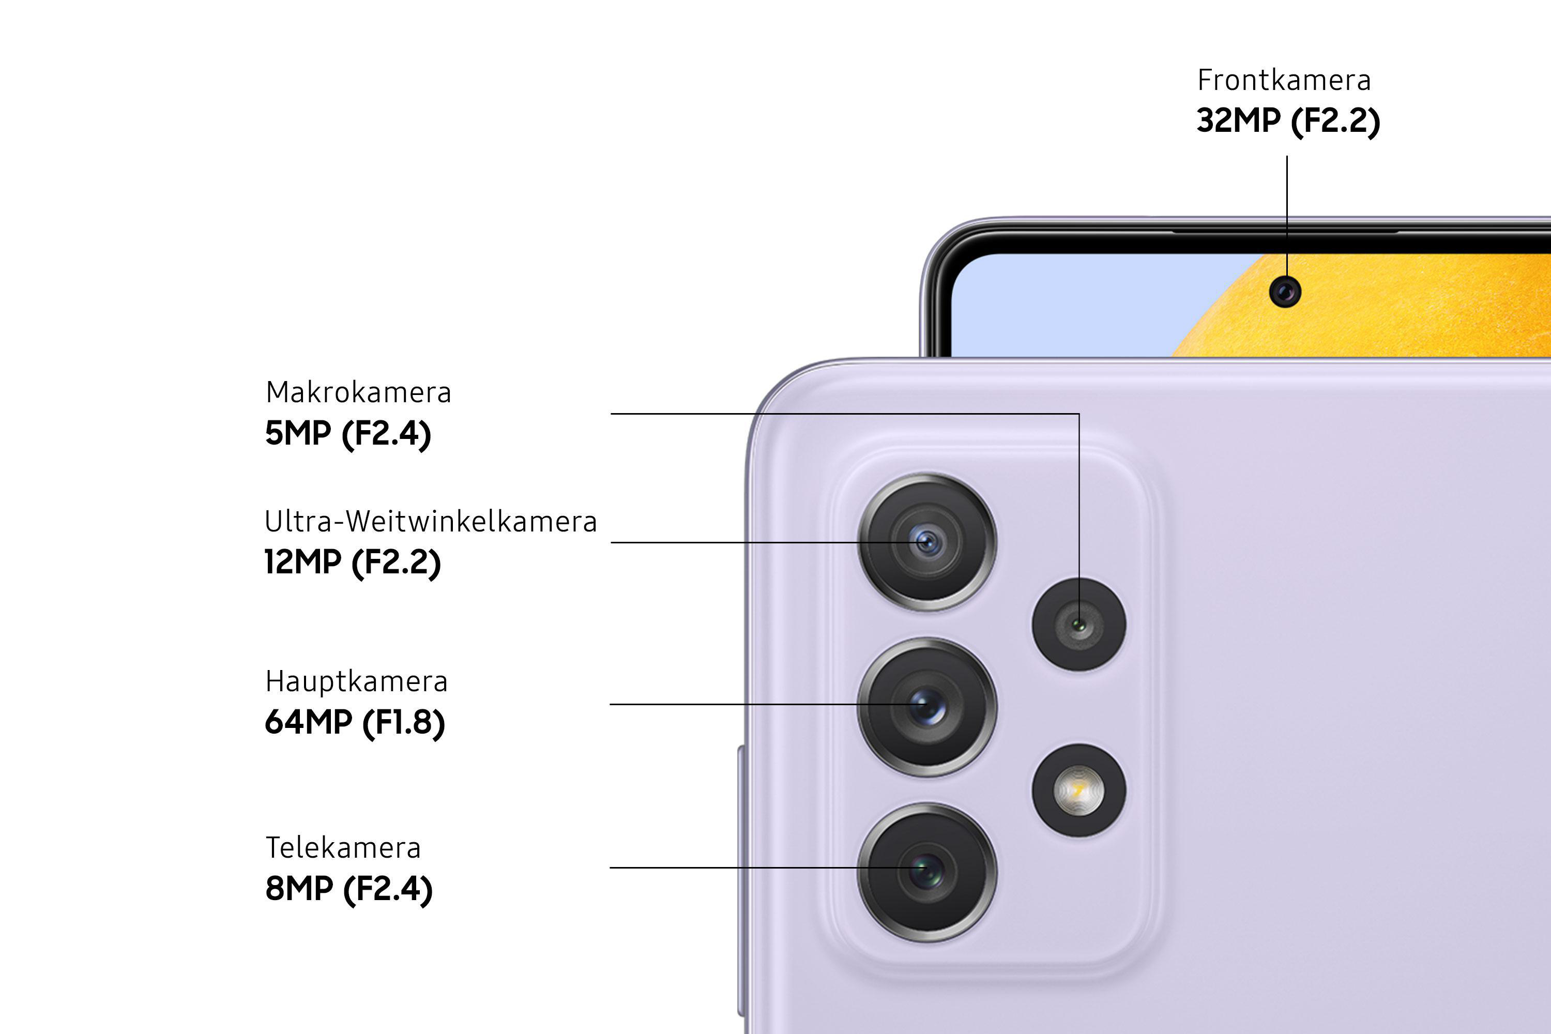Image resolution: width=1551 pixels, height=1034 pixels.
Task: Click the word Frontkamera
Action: coord(1284,80)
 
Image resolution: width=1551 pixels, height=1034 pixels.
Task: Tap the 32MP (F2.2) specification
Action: coord(1288,120)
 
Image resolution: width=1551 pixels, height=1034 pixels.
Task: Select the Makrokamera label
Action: coord(358,392)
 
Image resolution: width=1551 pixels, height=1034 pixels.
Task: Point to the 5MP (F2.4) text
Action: coord(348,434)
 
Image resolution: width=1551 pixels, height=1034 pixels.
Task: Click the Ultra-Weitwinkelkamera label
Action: coord(431,522)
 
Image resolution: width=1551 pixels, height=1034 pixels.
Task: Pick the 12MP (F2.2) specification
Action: coord(353,562)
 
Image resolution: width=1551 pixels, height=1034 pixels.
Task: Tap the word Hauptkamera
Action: coord(356,682)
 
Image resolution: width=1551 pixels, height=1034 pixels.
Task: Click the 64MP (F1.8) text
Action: coord(355,722)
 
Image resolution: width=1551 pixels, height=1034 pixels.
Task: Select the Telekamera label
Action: coord(343,848)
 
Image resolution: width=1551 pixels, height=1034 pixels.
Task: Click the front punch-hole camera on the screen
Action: coord(1285,292)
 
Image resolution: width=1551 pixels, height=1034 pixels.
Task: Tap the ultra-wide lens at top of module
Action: coord(926,542)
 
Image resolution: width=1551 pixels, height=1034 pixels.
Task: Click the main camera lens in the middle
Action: coord(926,706)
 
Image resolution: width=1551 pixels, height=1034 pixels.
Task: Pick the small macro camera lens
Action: coord(1079,624)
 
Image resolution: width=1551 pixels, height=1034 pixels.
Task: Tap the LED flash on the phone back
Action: coord(1079,790)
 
